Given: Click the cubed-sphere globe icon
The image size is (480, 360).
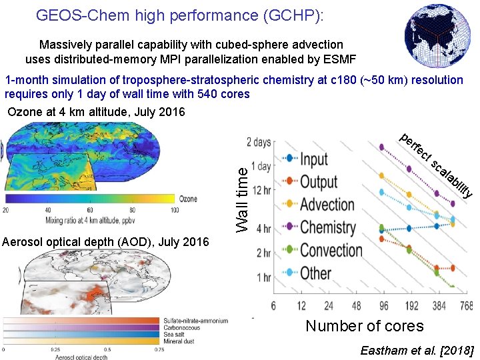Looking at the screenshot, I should [x=437, y=36].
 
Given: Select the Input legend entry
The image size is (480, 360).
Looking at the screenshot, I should [x=313, y=159].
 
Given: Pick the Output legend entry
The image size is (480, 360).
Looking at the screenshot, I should [x=319, y=181].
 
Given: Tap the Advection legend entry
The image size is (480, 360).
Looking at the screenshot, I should [x=327, y=205].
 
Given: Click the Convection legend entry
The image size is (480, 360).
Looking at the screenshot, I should [x=331, y=250].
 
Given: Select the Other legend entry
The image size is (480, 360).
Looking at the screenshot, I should [x=315, y=273].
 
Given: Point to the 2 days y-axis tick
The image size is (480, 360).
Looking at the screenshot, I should [x=258, y=142].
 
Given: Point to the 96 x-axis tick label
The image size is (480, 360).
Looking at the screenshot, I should [x=383, y=305].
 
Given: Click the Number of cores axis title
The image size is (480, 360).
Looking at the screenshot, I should [x=364, y=326].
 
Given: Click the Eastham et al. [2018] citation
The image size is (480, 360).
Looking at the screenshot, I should [x=417, y=350].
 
